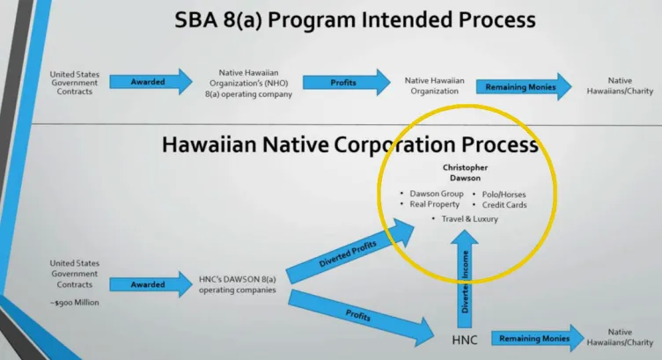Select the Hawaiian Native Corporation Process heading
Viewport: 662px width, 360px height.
coord(349,145)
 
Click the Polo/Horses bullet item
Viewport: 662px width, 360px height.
coord(503,194)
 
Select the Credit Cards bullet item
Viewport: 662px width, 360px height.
coord(503,204)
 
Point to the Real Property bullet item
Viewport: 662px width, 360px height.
coord(432,204)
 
